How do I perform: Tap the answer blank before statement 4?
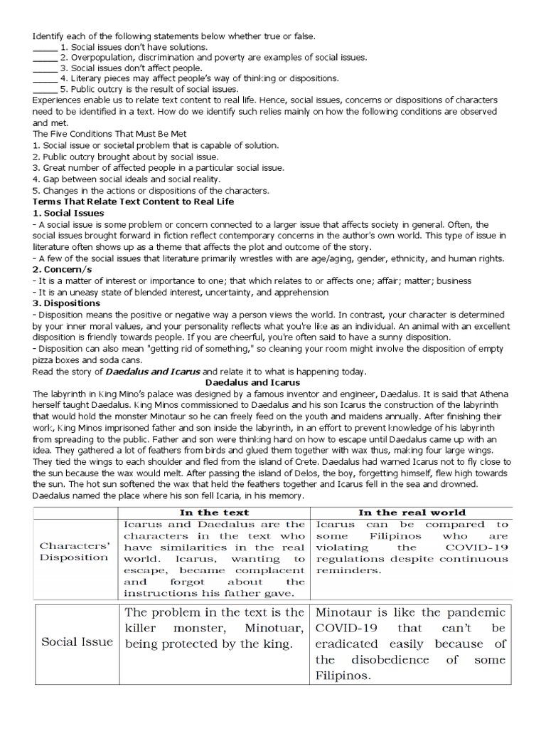(45, 79)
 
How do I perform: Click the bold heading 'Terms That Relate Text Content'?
(133, 202)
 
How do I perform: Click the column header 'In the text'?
(214, 512)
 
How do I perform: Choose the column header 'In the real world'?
(412, 512)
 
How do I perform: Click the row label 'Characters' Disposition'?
(74, 552)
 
